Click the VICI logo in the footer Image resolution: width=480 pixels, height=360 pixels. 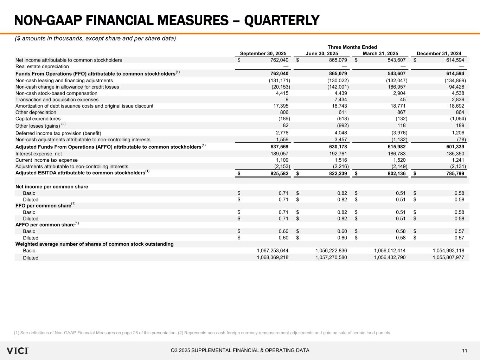click(18, 351)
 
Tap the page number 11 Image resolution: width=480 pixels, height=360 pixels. click(465, 351)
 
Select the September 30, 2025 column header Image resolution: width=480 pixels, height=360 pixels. click(263, 53)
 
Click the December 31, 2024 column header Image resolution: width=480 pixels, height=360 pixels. click(439, 53)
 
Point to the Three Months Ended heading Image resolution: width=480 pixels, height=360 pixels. click(352, 47)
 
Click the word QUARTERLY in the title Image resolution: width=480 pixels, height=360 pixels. click(282, 20)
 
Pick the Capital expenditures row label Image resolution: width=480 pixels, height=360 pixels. click(38, 119)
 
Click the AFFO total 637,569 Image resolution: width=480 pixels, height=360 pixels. click(279, 147)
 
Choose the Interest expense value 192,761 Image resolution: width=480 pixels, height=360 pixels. click(338, 154)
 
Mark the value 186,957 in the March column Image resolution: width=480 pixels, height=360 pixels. click(396, 87)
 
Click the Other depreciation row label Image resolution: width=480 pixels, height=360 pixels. click(36, 112)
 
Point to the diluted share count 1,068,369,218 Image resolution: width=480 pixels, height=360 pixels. click(273, 257)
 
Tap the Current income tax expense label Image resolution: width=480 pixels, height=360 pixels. click(46, 160)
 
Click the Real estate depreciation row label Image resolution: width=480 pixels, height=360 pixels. click(42, 66)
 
